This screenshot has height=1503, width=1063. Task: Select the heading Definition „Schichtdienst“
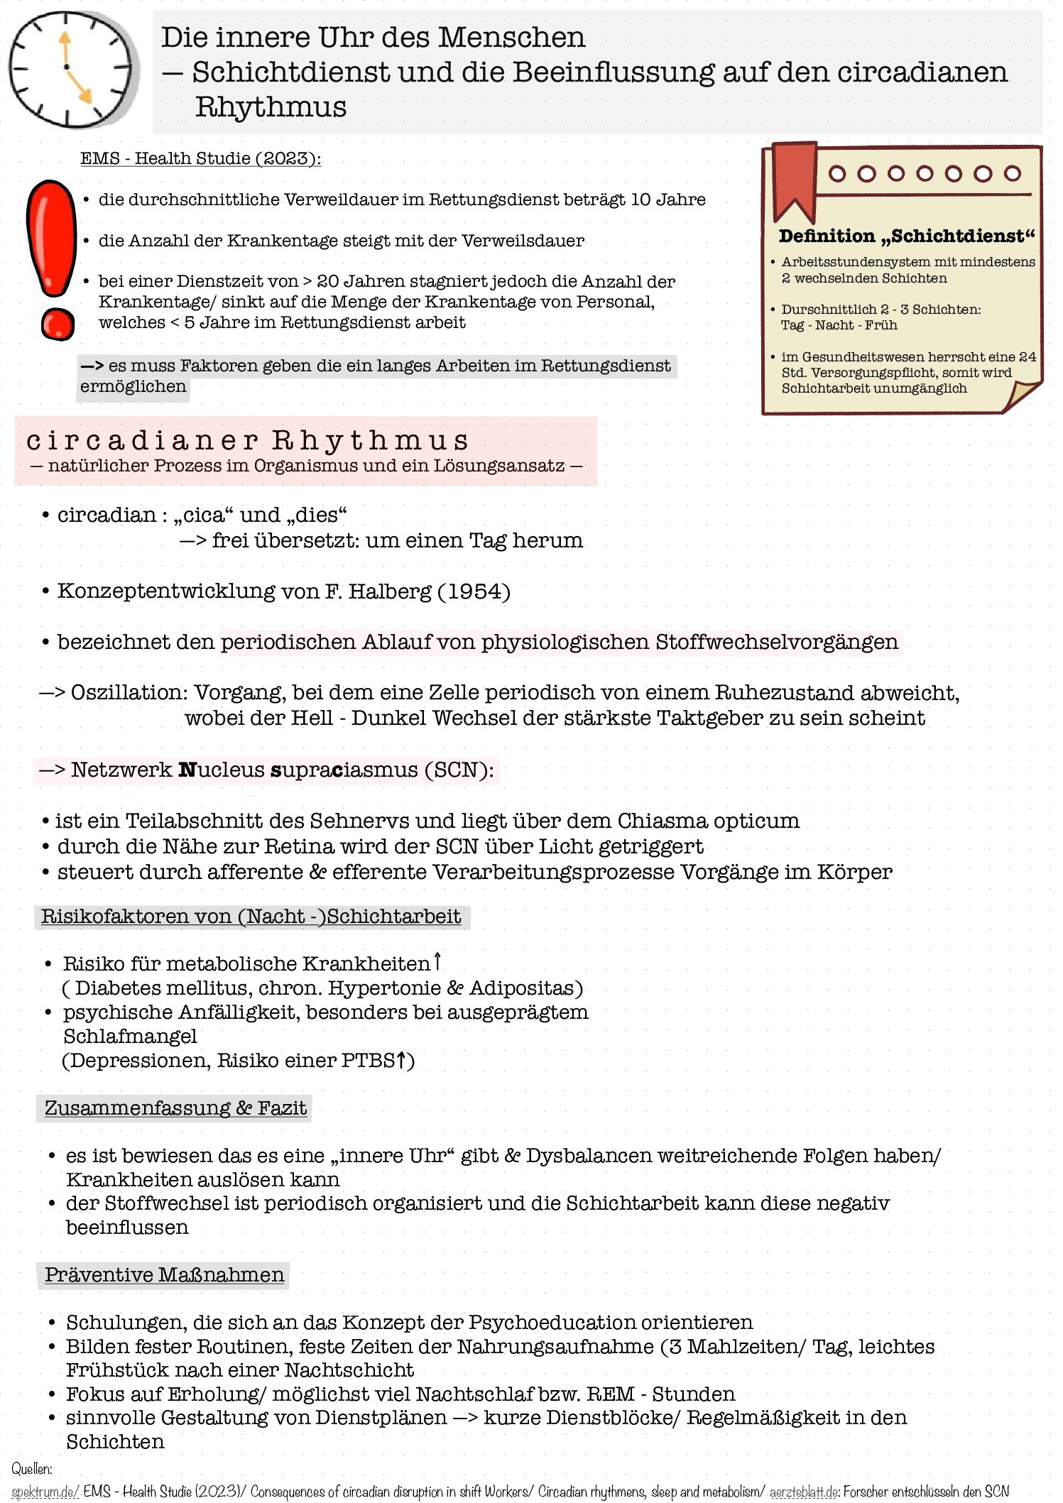click(x=907, y=236)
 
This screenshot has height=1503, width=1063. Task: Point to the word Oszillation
click(x=129, y=693)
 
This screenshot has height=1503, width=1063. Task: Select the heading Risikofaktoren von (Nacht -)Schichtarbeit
click(x=251, y=917)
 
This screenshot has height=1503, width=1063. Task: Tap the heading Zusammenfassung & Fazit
click(x=175, y=1108)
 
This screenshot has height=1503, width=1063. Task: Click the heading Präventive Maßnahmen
click(x=164, y=1275)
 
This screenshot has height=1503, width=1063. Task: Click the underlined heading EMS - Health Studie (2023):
click(x=200, y=158)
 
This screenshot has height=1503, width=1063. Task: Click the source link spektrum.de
click(x=45, y=1492)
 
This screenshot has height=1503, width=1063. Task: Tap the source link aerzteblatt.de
click(x=804, y=1492)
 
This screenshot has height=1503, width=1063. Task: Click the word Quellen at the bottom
click(x=32, y=1469)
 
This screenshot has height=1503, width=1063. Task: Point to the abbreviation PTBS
click(x=368, y=1061)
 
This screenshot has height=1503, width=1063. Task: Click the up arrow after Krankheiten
click(x=437, y=962)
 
